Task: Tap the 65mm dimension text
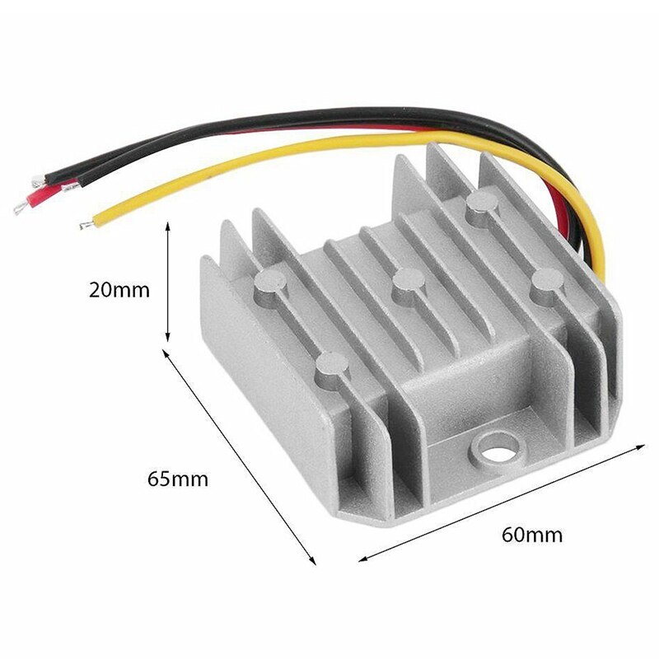pyautogui.click(x=177, y=479)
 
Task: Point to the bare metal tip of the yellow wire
pyautogui.click(x=86, y=224)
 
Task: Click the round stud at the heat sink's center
pyautogui.click(x=404, y=284)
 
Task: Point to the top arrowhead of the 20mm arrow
pyautogui.click(x=168, y=224)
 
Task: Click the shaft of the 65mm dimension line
pyautogui.click(x=241, y=457)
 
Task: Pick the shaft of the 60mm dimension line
pyautogui.click(x=502, y=502)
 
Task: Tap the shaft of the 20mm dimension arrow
pyautogui.click(x=168, y=280)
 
